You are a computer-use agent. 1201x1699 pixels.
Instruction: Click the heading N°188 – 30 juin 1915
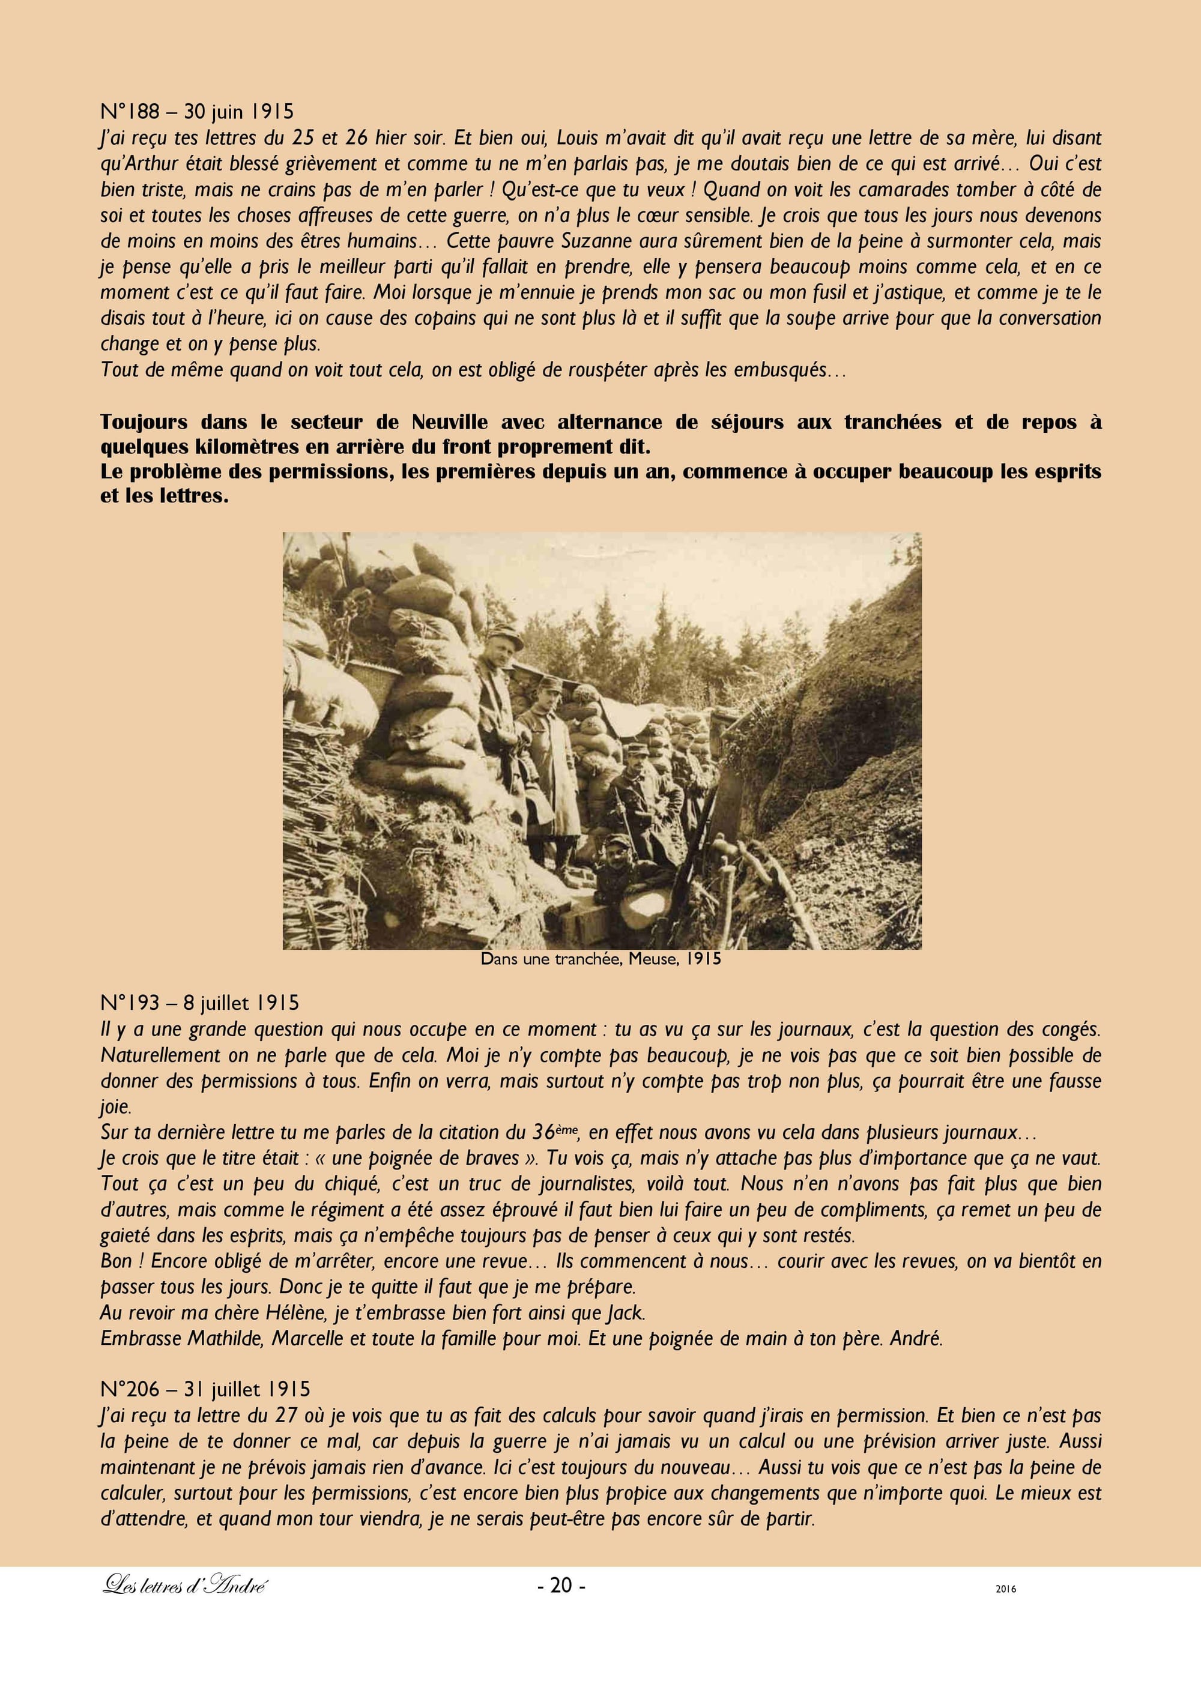coord(197,112)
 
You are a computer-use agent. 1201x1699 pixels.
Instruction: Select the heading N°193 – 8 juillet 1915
coord(200,1003)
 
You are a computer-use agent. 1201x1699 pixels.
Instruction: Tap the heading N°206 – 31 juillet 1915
coord(205,1390)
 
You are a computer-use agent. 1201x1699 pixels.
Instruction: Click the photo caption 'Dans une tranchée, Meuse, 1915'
coord(600,959)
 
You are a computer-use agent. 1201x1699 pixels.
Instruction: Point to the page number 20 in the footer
coord(561,1584)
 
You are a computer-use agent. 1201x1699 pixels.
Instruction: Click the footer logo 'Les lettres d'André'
coord(184,1585)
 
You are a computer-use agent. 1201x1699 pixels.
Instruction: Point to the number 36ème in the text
coord(554,1132)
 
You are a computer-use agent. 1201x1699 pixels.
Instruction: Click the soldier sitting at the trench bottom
coord(616,859)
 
